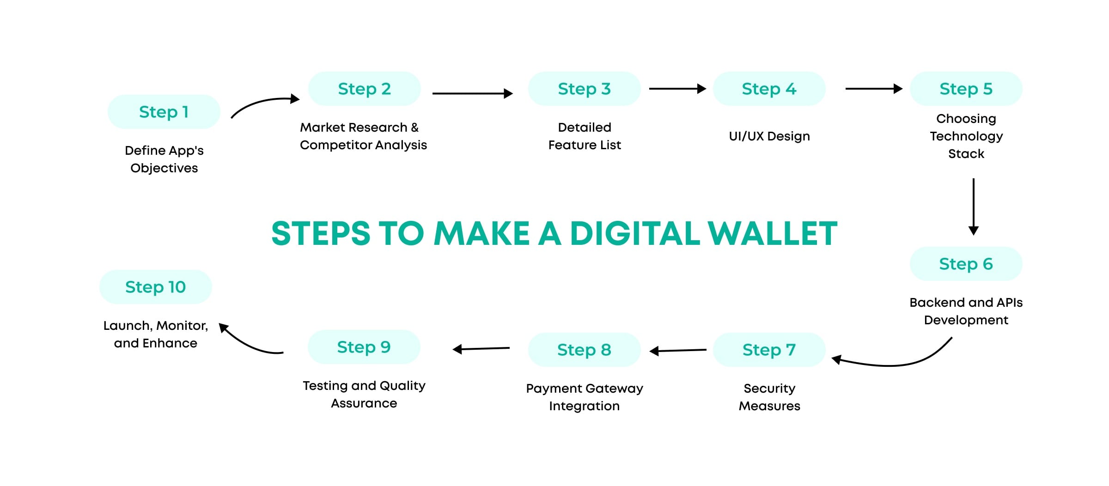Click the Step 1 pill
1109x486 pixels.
point(164,112)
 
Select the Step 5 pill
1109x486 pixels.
point(966,89)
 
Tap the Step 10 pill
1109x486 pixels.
point(155,287)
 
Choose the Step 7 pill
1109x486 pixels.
point(769,350)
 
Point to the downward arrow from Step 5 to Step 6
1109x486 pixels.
point(973,206)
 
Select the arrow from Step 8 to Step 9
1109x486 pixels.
point(481,349)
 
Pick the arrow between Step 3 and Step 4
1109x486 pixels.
point(677,89)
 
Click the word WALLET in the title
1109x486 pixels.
point(772,233)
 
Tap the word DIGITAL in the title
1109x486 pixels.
point(635,233)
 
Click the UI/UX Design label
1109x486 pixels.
point(769,136)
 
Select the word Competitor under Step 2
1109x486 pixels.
point(329,145)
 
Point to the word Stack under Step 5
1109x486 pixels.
point(966,154)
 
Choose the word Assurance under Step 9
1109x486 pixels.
point(364,403)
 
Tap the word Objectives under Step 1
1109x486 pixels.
point(164,168)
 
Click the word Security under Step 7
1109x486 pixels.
point(769,389)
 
